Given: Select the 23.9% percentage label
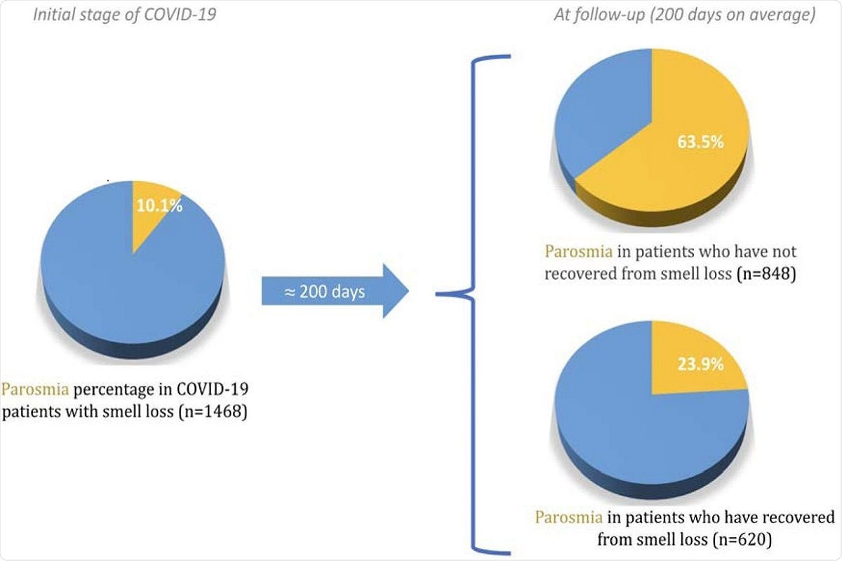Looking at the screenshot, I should coord(699,365).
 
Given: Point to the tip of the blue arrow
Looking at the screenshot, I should coord(408,291).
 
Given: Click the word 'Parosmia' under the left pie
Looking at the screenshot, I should coord(32,388).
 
